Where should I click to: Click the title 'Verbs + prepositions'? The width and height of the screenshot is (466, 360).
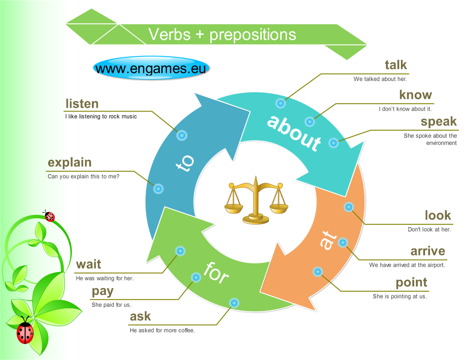click(222, 35)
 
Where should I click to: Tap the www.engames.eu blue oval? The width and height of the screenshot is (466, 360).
click(152, 68)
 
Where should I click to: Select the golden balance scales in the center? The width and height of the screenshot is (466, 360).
click(256, 201)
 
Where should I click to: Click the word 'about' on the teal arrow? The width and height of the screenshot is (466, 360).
click(294, 132)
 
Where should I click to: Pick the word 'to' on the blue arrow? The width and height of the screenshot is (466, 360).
click(185, 163)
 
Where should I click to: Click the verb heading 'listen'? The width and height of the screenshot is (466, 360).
click(82, 104)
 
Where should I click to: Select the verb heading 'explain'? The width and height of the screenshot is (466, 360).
click(70, 162)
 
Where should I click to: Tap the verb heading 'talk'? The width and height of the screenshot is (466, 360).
click(395, 65)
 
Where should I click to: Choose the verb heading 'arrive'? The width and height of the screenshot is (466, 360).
click(428, 251)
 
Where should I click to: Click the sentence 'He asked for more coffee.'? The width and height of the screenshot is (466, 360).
click(162, 330)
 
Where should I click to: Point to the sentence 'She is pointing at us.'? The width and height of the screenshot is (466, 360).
click(400, 296)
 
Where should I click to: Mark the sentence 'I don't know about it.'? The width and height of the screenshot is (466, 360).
click(405, 109)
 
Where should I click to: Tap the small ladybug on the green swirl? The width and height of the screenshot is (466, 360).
click(49, 215)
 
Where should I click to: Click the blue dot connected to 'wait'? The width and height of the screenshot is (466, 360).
click(180, 251)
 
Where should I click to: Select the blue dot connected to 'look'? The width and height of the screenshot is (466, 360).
click(349, 207)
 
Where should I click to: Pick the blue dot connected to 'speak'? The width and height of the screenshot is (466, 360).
click(333, 142)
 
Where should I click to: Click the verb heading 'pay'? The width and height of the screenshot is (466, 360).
click(102, 291)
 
